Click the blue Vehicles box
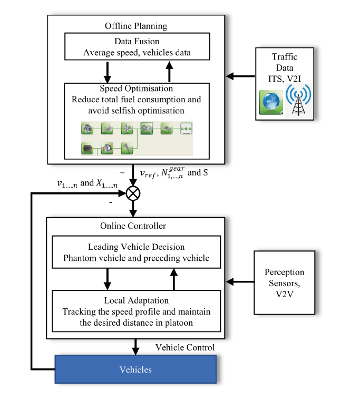tap(136, 369)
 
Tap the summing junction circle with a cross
tap(133, 193)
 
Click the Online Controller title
tap(133, 226)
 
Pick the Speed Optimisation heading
tap(136, 89)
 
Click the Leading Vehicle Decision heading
tap(136, 247)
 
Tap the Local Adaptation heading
tap(136, 301)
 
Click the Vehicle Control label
tap(185, 347)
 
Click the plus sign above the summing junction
tap(122, 173)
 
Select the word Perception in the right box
tap(284, 272)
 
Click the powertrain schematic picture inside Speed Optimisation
tap(136, 138)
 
